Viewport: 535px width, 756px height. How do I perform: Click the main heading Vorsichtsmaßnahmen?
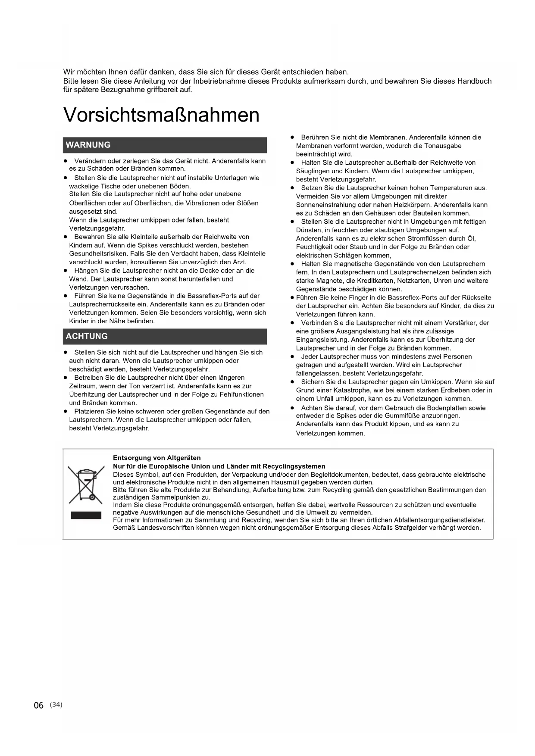tap(161, 115)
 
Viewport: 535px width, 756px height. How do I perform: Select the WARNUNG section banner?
tap(165, 145)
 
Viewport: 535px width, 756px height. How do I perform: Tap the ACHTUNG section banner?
tap(165, 336)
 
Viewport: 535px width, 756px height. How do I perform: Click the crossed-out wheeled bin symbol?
tap(86, 485)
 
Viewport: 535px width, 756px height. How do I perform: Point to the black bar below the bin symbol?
tap(86, 515)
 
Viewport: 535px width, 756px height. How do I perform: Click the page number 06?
tap(39, 705)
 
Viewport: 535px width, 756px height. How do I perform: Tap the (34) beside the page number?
tap(56, 704)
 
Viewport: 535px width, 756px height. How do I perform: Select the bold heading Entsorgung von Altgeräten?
tap(157, 458)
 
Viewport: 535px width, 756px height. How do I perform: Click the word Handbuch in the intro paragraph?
tap(474, 81)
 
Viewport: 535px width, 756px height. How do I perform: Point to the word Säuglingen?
tap(312, 171)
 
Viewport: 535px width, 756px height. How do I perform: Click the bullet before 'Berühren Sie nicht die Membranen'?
tap(292, 137)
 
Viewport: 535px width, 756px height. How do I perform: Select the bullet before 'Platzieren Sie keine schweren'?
tap(66, 411)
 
